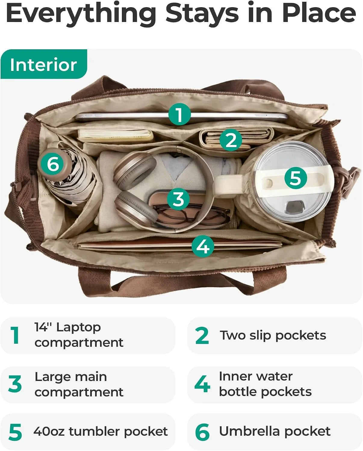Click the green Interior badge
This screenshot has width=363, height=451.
click(44, 64)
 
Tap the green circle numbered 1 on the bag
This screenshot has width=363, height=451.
click(180, 114)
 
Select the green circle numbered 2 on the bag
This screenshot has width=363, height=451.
click(231, 140)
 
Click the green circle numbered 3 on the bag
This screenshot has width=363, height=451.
click(178, 199)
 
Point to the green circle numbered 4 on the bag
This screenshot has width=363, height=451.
click(203, 246)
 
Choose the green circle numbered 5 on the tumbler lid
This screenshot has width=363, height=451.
click(296, 178)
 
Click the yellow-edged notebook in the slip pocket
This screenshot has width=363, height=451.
click(115, 136)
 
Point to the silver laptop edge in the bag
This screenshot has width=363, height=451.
click(181, 117)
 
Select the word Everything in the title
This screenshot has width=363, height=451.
click(81, 13)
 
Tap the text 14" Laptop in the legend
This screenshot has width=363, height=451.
click(67, 327)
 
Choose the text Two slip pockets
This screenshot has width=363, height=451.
click(273, 336)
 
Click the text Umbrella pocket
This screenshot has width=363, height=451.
click(275, 431)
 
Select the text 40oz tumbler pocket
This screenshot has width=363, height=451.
click(101, 431)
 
